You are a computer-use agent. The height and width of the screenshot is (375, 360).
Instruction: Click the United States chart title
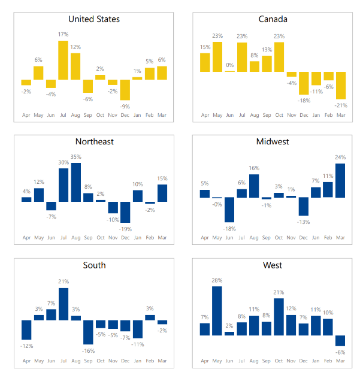click(94, 19)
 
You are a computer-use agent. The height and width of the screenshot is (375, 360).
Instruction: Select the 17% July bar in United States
click(63, 60)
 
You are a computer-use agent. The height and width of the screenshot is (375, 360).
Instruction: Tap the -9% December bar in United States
click(125, 90)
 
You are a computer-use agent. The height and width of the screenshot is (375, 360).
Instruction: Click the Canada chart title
click(273, 19)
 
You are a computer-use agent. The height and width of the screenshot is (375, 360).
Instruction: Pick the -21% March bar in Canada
click(341, 85)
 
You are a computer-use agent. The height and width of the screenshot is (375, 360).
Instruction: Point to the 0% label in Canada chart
click(230, 65)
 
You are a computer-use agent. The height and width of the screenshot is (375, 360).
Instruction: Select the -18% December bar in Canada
click(304, 83)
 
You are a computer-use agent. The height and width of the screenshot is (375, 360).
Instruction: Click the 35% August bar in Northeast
click(76, 182)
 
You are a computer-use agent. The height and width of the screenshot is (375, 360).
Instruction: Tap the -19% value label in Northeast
click(125, 229)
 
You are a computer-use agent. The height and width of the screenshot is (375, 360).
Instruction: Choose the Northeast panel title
click(94, 142)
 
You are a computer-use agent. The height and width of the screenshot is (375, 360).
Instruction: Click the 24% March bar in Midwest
click(341, 180)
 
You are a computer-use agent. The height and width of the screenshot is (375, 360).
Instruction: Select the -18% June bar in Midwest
click(230, 210)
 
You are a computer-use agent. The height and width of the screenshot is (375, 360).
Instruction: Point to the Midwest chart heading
click(273, 142)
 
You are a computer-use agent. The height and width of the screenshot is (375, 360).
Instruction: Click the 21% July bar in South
click(63, 304)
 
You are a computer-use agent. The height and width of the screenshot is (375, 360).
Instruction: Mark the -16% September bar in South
click(88, 332)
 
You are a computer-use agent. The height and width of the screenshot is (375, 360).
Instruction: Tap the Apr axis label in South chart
click(26, 361)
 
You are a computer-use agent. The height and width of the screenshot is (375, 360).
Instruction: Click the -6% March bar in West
click(341, 341)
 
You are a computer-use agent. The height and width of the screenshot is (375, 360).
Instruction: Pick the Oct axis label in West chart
click(279, 361)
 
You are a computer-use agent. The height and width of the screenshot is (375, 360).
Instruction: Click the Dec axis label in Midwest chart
click(304, 238)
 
